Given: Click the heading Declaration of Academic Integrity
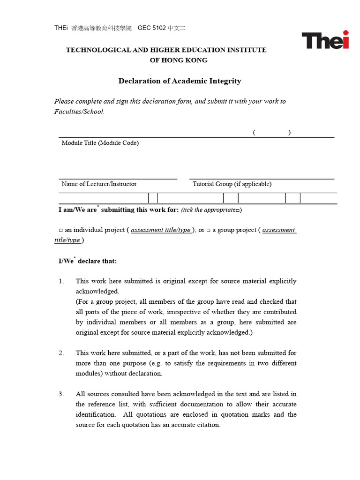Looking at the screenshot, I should [x=180, y=81].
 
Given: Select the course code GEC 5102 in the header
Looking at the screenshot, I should [x=151, y=28].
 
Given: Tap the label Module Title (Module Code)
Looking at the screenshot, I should [x=100, y=143].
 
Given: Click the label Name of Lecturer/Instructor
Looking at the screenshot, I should [x=99, y=184].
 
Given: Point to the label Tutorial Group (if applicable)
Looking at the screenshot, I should [x=232, y=184].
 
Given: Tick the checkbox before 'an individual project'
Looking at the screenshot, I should [x=61, y=231].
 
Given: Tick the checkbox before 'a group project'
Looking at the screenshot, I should [x=209, y=231].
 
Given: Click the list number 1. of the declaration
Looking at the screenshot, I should [x=61, y=281].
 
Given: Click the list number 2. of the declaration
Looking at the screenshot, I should [x=61, y=353].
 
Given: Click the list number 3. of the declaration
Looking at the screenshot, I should [x=61, y=394].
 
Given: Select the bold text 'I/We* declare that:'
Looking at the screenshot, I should [x=88, y=261].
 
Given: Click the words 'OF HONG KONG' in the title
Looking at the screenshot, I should [x=178, y=60].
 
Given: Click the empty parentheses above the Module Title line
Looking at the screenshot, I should [x=271, y=133].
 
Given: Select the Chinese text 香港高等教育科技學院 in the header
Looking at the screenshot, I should [x=101, y=28].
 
